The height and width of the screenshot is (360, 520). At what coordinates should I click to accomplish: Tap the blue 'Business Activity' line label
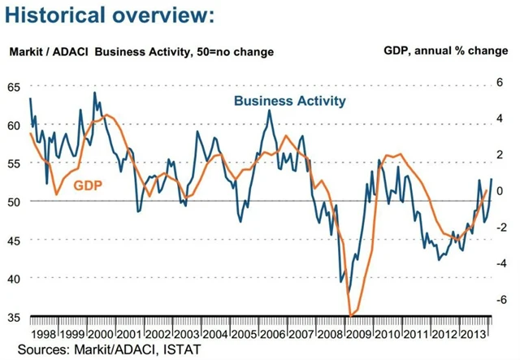(289, 101)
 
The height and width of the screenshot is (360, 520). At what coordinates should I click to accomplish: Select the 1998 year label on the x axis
(43, 334)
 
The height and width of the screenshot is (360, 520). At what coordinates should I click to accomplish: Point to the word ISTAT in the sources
(180, 349)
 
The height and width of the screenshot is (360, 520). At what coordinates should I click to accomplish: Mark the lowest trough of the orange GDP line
(350, 314)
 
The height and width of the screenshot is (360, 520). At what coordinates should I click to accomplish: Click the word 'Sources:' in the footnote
(37, 349)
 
